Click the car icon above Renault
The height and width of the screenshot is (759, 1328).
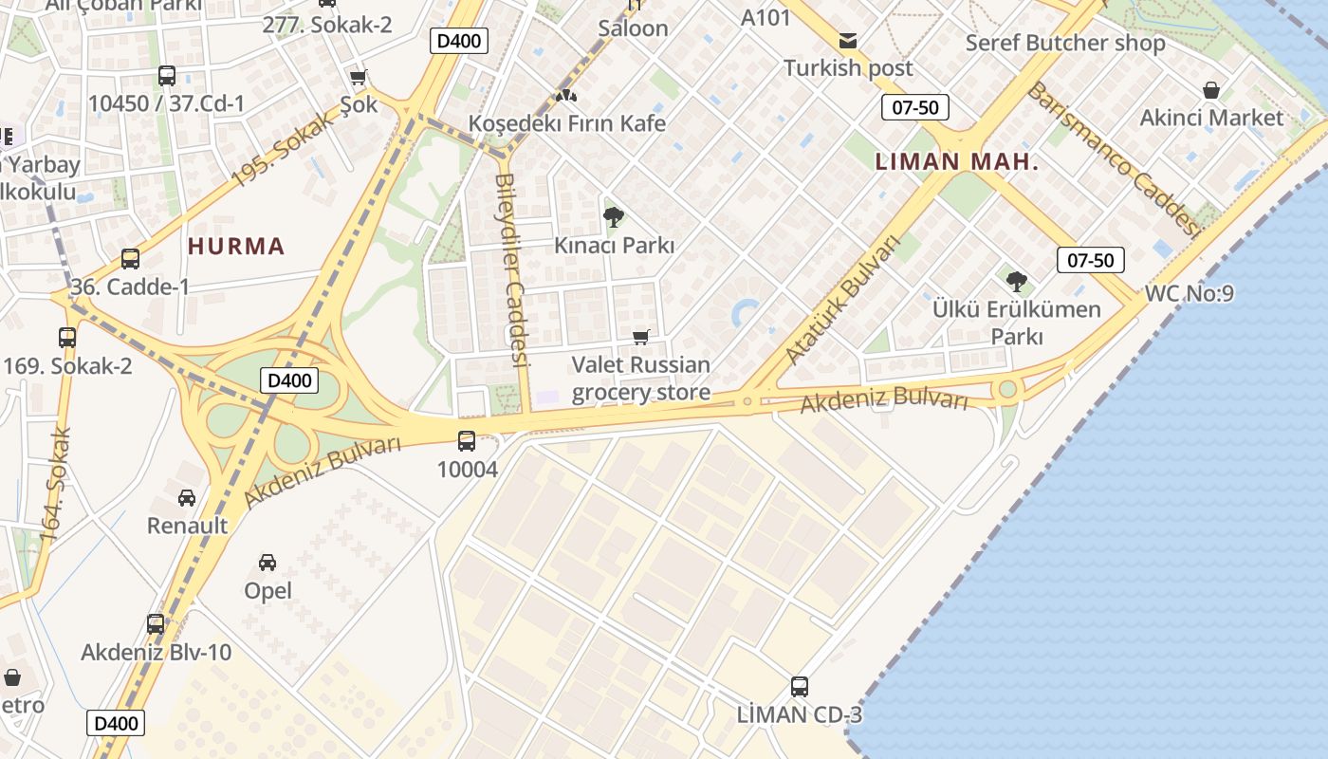pyautogui.click(x=187, y=497)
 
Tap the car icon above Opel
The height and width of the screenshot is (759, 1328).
pyautogui.click(x=267, y=563)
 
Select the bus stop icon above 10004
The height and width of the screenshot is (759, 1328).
pyautogui.click(x=467, y=440)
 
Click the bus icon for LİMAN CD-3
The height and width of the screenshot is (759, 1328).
pyautogui.click(x=800, y=686)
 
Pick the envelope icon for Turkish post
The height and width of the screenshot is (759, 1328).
pyautogui.click(x=847, y=41)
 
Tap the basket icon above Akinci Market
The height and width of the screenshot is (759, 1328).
pyautogui.click(x=1211, y=90)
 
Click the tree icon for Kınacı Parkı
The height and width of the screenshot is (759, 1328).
pyautogui.click(x=614, y=217)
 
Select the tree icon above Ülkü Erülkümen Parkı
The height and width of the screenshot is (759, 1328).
pyautogui.click(x=1017, y=281)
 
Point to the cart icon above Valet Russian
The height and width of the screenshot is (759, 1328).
pyautogui.click(x=641, y=337)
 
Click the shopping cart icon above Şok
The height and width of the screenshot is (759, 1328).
pyautogui.click(x=359, y=78)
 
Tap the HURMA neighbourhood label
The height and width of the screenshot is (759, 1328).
pyautogui.click(x=236, y=247)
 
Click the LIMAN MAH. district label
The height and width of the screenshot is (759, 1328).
pyautogui.click(x=957, y=162)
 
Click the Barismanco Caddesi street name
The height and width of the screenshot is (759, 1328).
pyautogui.click(x=1114, y=157)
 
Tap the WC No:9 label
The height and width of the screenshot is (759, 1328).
pyautogui.click(x=1190, y=293)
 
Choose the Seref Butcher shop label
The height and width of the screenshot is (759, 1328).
pyautogui.click(x=1065, y=43)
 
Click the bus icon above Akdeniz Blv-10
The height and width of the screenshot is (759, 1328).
pyautogui.click(x=156, y=624)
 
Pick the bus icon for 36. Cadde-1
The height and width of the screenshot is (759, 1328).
pyautogui.click(x=130, y=258)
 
